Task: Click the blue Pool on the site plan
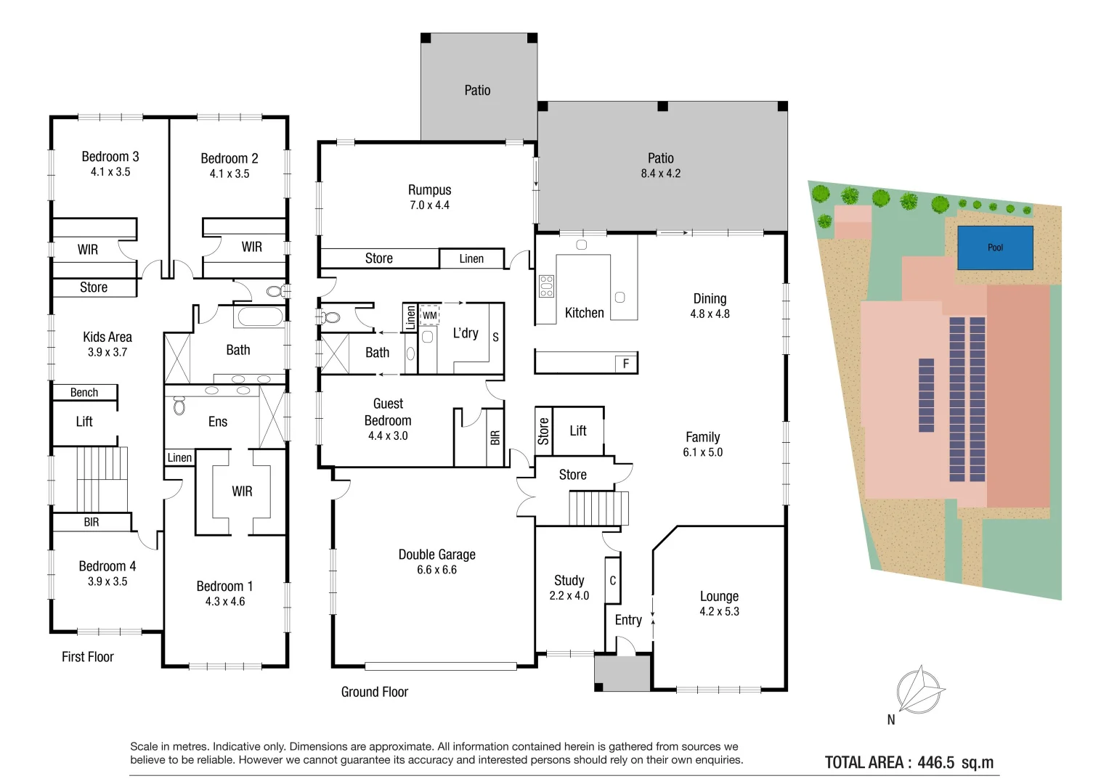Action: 995,248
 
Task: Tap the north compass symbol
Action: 920,690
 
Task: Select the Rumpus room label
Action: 429,190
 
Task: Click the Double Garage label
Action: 436,555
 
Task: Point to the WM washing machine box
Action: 429,315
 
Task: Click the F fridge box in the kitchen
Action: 626,364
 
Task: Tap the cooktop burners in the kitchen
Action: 547,286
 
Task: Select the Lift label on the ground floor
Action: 578,430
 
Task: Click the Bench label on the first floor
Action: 84,393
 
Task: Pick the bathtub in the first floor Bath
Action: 261,317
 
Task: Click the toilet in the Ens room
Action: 179,405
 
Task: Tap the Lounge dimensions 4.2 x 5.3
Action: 719,611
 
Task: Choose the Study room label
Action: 569,580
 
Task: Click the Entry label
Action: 627,620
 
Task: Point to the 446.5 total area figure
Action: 935,762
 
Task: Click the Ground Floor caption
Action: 374,692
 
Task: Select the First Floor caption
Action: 88,657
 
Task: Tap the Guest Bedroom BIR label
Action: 495,438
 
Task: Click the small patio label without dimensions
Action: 477,90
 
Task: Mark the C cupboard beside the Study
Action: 612,581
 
